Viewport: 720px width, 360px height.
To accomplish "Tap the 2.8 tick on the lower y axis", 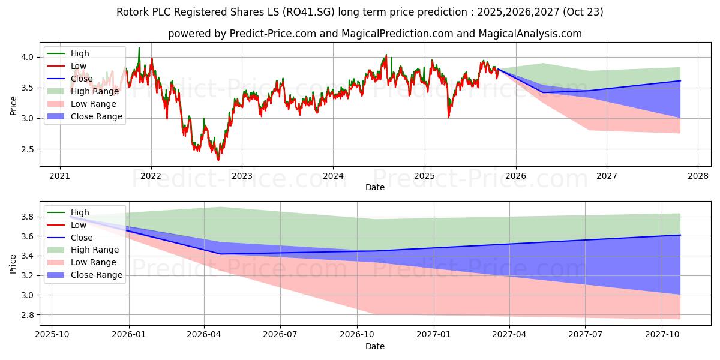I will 28,315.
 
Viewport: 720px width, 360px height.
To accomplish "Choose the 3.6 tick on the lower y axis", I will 28,236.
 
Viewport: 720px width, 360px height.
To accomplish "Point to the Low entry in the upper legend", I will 79,66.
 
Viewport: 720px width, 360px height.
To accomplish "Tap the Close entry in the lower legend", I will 82,238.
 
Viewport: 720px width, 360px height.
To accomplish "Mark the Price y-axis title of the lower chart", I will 13,263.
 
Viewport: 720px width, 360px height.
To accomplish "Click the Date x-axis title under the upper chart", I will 375,187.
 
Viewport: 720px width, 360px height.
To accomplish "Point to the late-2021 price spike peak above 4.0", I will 139,48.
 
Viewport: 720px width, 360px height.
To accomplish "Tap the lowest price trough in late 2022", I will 218,160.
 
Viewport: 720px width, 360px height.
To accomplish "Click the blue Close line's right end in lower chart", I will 680,235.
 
